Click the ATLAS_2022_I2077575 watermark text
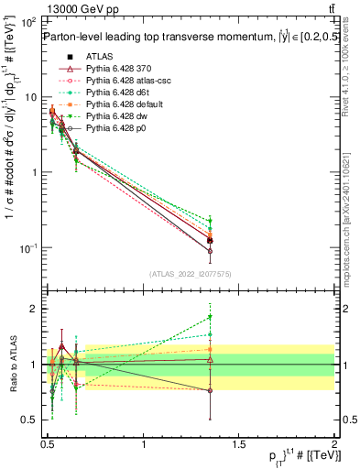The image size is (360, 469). pos(191,274)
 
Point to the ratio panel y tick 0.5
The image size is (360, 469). pos(31,420)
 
